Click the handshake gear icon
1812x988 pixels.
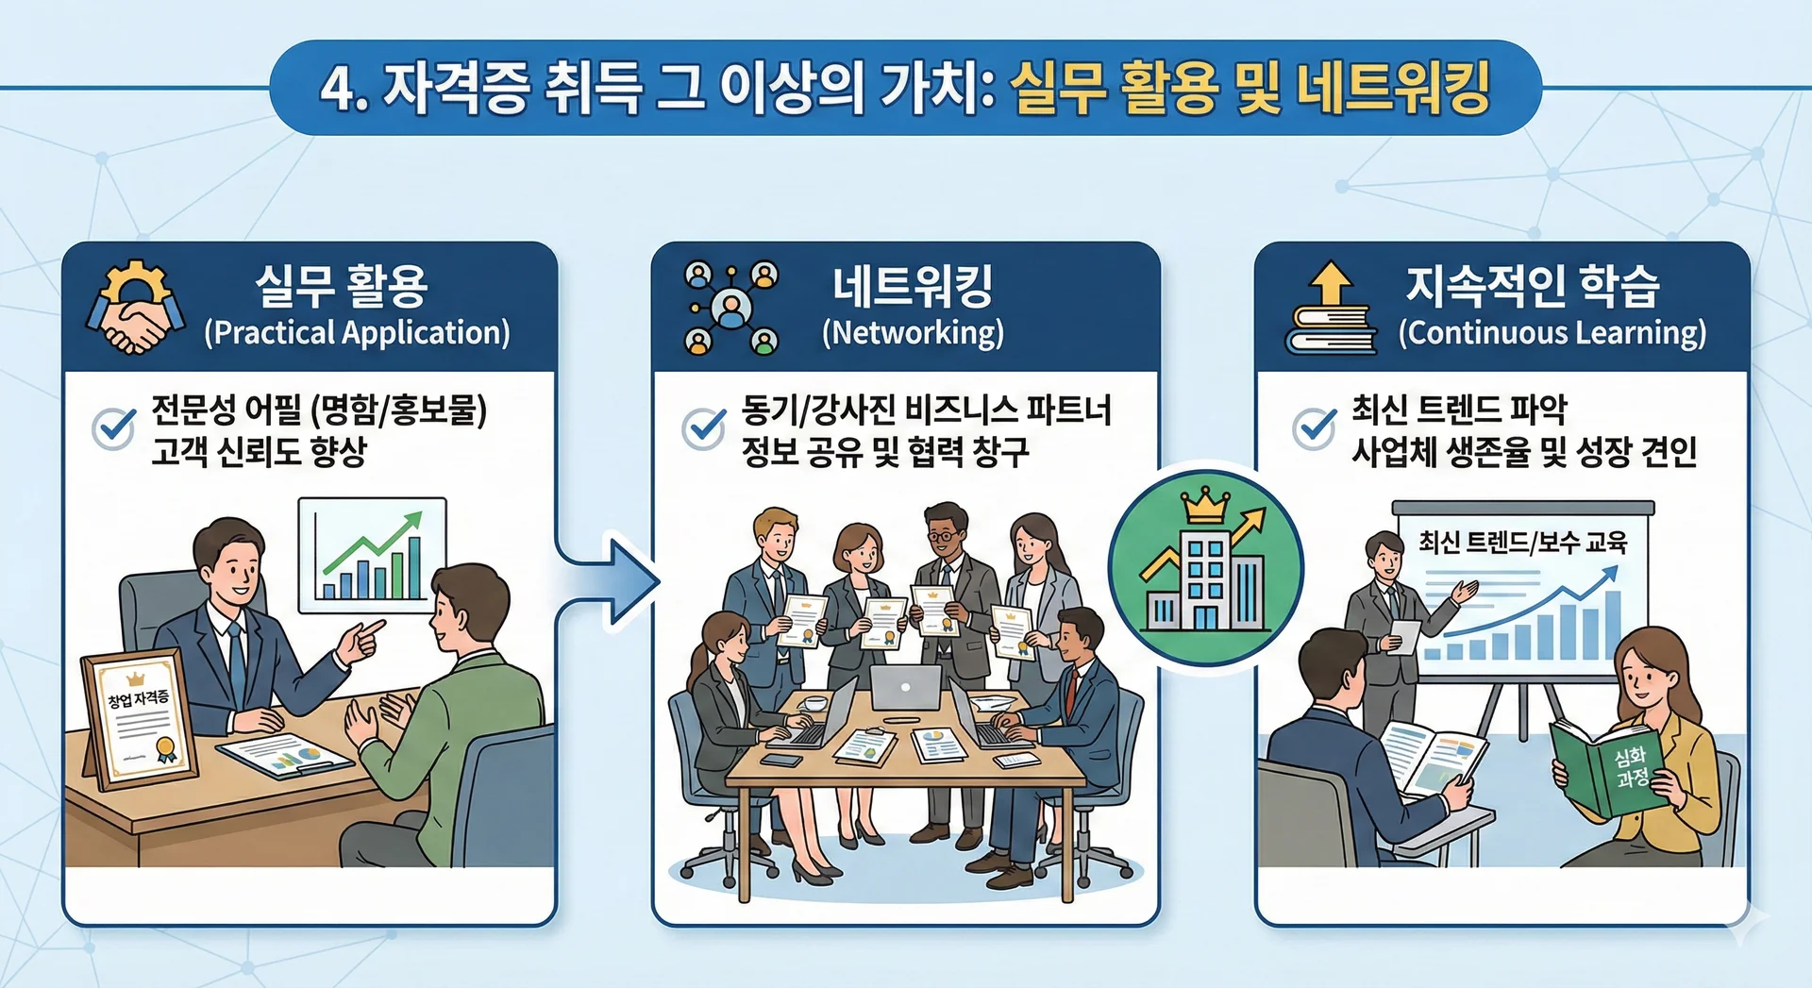click(x=135, y=308)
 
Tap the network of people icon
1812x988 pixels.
click(x=731, y=308)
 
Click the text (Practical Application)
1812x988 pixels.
click(x=357, y=332)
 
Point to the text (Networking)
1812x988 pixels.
click(x=913, y=332)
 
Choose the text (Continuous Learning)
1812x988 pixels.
click(x=1552, y=332)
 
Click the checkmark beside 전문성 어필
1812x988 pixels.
click(x=114, y=428)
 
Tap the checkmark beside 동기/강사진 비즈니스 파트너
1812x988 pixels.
click(x=704, y=428)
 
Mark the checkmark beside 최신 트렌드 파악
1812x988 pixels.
click(x=1314, y=428)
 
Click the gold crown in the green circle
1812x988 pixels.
click(x=1203, y=507)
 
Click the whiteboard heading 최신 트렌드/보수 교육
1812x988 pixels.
click(x=1522, y=543)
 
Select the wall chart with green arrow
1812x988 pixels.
click(x=372, y=555)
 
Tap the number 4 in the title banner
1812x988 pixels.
click(x=336, y=90)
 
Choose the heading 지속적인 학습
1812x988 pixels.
click(x=1532, y=286)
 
